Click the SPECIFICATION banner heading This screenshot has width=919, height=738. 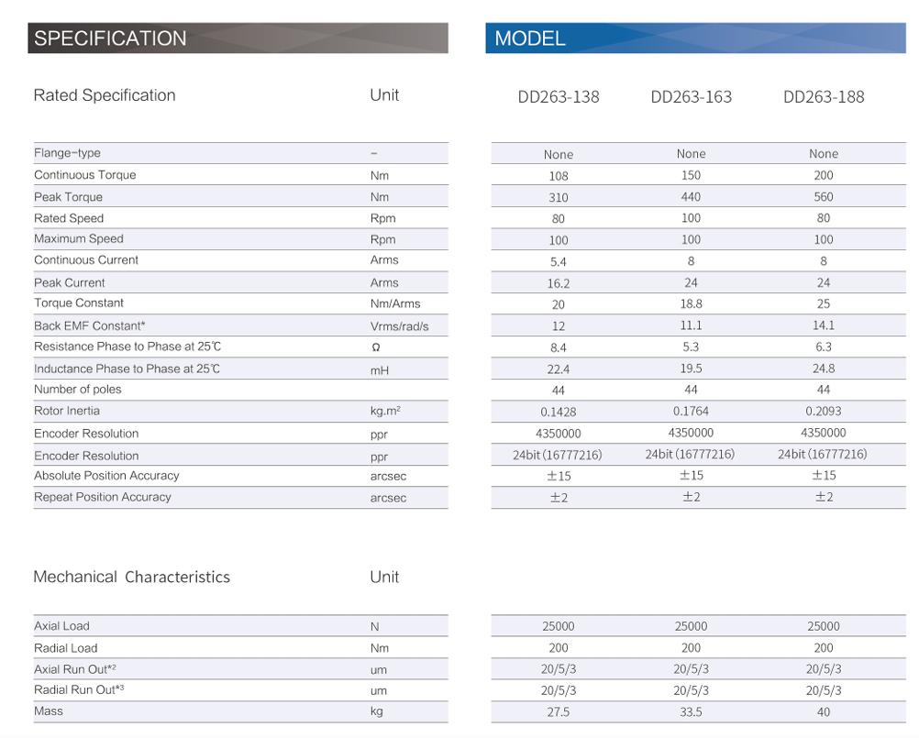pos(110,39)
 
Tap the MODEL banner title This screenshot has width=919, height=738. pos(530,39)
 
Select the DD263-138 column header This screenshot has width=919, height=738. pos(559,97)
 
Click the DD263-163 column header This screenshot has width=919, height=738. pos(692,97)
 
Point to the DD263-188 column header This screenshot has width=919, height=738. pos(824,97)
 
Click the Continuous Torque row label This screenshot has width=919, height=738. pos(84,175)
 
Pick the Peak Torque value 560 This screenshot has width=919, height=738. pos(824,197)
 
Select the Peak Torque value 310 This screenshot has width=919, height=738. pos(559,198)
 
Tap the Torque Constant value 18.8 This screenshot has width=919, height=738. pos(692,303)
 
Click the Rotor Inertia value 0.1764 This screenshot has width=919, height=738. pos(692,412)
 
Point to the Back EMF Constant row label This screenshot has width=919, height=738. pos(90,325)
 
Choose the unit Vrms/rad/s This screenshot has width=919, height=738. pos(399,326)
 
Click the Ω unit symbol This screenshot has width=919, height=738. pos(376,348)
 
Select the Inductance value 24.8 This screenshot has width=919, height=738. pos(824,369)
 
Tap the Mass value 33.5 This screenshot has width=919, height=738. pos(692,712)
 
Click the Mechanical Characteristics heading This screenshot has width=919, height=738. pos(131,577)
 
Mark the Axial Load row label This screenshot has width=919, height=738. pos(61,626)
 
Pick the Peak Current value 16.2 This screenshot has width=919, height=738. pos(559,284)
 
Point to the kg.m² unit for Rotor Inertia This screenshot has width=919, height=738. pos(385,412)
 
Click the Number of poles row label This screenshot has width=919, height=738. pos(78,390)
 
